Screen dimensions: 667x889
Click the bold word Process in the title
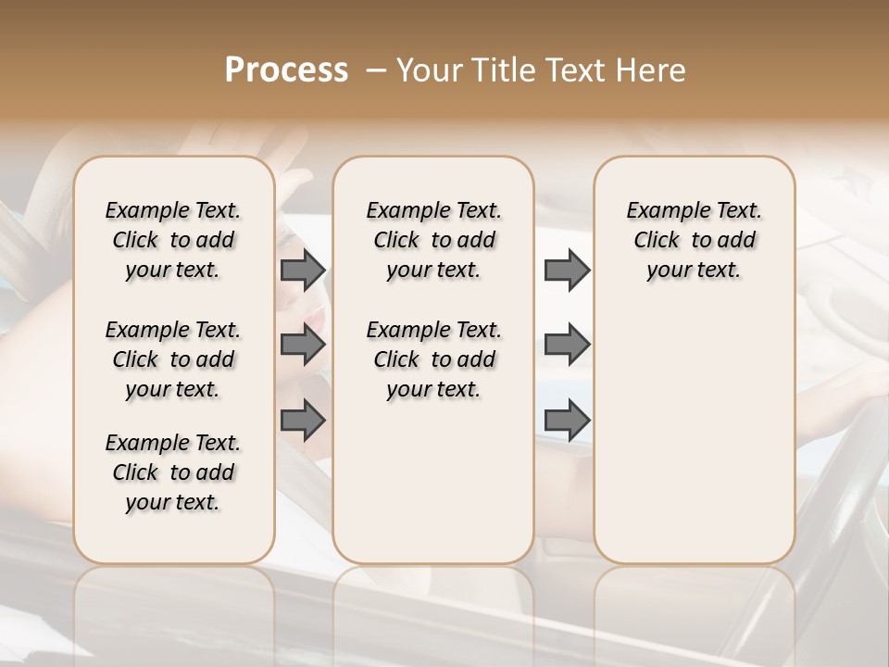pos(286,70)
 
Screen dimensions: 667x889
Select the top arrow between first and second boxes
pos(303,270)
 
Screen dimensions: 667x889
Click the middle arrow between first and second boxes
pos(303,346)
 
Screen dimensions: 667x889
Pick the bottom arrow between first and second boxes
pos(303,421)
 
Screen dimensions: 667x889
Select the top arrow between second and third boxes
pos(567,270)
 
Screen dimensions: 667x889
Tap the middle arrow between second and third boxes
pos(567,346)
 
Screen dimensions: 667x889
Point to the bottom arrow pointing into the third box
pos(567,421)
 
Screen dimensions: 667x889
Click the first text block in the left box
pos(173,240)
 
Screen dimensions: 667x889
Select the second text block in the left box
pos(173,359)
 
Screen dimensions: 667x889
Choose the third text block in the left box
pos(173,472)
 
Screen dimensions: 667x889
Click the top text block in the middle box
pos(433,240)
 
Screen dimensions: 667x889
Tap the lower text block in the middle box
pos(433,359)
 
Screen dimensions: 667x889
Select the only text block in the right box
pos(695,240)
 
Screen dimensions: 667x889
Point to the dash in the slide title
pos(375,70)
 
